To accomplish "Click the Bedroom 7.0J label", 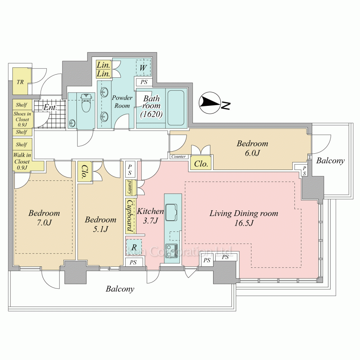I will point(44,218).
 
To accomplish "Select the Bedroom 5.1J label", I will point(100,224).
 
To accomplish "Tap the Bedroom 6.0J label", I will point(252,148).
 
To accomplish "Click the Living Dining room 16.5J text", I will point(244,218).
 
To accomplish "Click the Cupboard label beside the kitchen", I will point(130,216).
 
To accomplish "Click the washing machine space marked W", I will point(143,68).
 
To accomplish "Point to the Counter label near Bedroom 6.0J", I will point(179,157).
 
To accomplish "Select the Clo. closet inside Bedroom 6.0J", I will point(201,164).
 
